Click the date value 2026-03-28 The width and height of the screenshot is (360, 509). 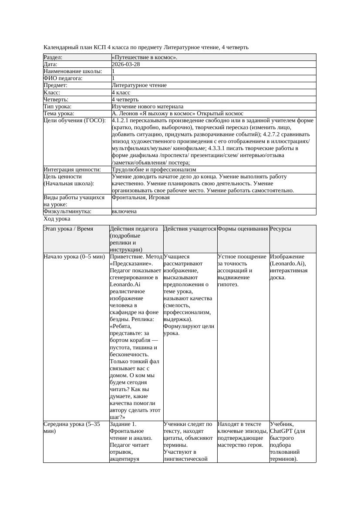click(126, 64)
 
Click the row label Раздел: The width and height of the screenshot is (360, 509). click(53, 57)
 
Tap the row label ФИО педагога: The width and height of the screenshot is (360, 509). click(63, 78)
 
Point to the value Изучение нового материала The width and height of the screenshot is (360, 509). click(148, 107)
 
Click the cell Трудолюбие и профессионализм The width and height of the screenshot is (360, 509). click(154, 170)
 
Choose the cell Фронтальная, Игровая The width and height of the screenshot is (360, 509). click(141, 198)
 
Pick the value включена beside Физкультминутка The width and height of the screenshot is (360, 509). click(124, 211)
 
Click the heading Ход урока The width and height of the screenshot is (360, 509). click(57, 219)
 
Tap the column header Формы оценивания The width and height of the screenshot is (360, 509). click(243, 229)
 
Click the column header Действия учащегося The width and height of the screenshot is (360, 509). click(190, 229)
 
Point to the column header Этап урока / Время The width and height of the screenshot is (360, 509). click(68, 229)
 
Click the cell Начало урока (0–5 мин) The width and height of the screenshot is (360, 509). click(74, 257)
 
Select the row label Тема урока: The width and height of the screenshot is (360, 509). click(59, 114)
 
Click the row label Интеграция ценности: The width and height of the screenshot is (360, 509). click(72, 170)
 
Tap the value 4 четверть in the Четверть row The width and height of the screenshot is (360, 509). click(125, 100)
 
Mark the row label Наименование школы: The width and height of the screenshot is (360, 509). click(73, 71)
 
